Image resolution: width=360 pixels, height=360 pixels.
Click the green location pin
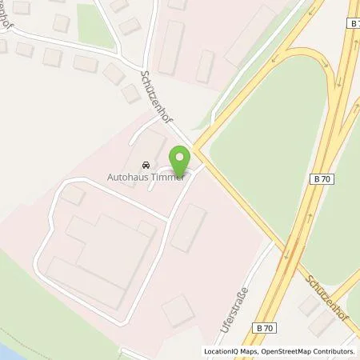(x=181, y=157)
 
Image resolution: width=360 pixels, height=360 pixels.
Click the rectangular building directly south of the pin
(x=188, y=227)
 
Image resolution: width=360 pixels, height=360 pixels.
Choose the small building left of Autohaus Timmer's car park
(x=74, y=194)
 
